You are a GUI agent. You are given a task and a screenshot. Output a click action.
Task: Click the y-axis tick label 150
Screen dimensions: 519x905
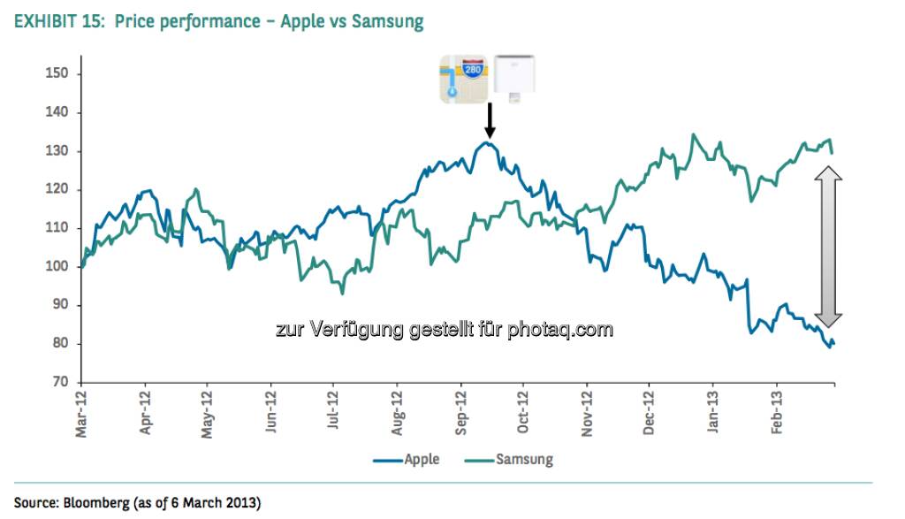[57, 73]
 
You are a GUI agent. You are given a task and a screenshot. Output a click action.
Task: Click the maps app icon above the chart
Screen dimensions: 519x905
[465, 79]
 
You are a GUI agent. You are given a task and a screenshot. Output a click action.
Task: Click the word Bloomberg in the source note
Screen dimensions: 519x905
[97, 503]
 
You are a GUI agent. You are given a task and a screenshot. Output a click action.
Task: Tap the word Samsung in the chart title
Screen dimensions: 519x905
[387, 21]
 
